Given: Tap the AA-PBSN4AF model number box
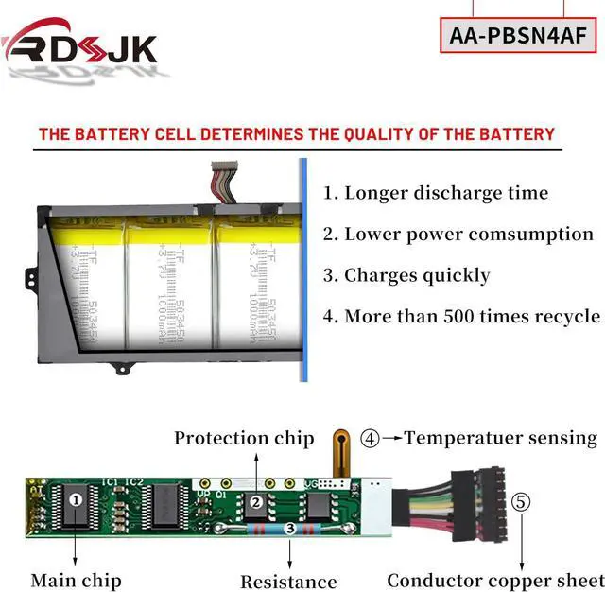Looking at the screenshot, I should click(519, 36).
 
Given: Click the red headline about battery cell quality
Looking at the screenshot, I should click(296, 133).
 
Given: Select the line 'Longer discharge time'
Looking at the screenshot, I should click(436, 193).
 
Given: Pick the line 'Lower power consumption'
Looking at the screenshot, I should click(458, 234).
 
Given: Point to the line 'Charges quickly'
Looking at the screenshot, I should click(406, 275).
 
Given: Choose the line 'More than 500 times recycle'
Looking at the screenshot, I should click(462, 316).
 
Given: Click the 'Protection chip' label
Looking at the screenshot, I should click(244, 438).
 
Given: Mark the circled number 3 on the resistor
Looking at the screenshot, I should click(288, 529).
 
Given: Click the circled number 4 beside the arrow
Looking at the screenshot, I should click(371, 438).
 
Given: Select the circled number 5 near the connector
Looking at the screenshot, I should click(522, 501).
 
